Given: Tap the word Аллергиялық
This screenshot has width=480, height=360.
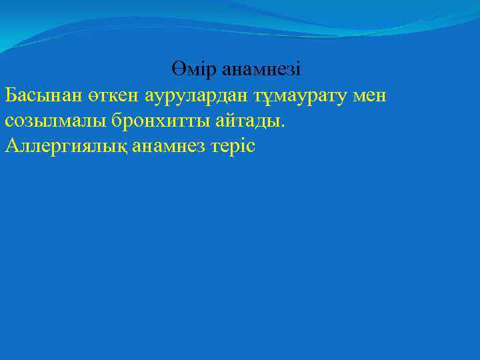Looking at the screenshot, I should point(61,146).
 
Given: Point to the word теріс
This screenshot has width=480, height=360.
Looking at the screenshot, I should point(231,146).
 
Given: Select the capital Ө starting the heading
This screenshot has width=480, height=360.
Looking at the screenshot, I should point(177,69).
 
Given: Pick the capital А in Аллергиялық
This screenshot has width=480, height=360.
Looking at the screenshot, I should point(11,146).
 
